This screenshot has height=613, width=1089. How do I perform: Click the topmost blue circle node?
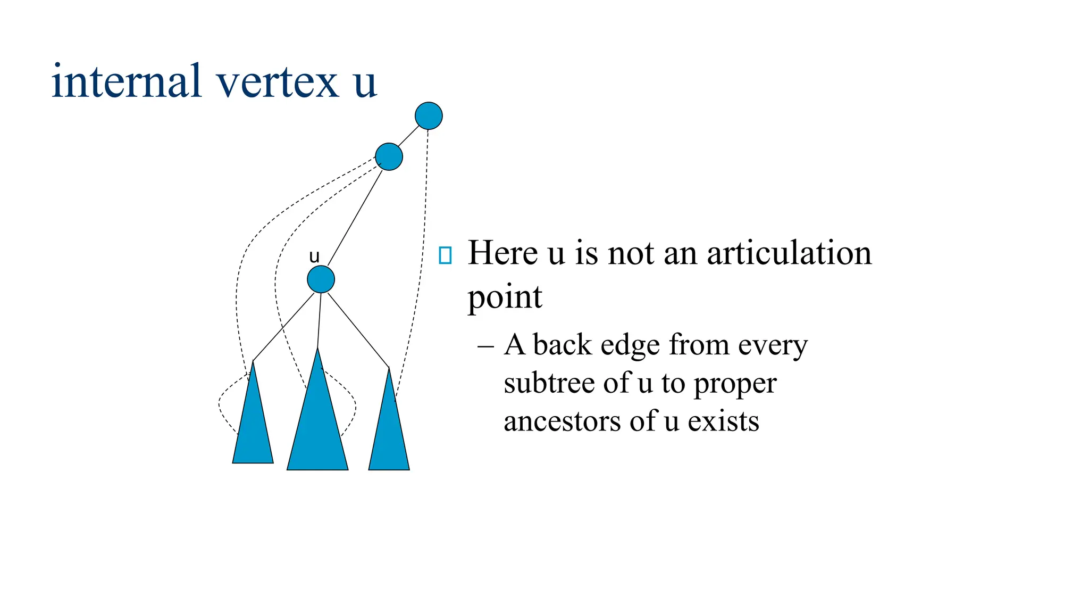429,116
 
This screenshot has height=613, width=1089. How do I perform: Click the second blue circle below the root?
389,157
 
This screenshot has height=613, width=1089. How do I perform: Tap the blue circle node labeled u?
321,279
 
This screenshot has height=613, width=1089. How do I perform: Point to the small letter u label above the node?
314,257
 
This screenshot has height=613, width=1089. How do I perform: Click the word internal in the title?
127,81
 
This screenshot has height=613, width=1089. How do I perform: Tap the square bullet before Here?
445,255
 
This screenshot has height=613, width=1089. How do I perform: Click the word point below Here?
504,297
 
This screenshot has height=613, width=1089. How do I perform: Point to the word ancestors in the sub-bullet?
562,421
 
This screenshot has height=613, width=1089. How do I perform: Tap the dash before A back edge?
485,346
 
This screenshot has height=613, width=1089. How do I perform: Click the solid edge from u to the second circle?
355,218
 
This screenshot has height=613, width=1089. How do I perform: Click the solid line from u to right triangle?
358,330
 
